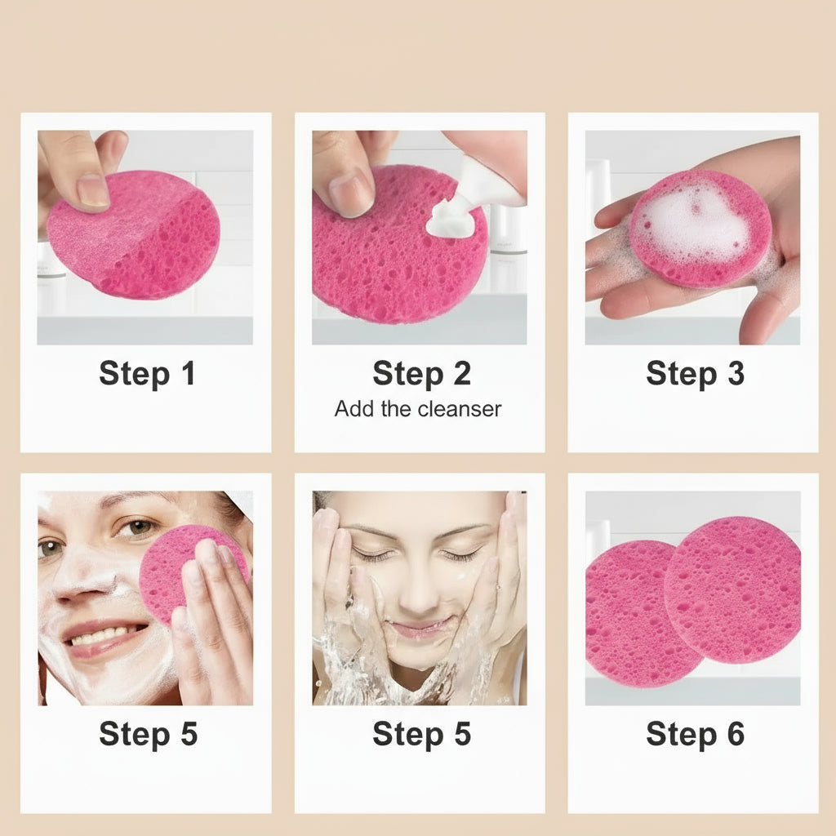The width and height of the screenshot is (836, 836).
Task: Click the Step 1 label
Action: pos(147,374)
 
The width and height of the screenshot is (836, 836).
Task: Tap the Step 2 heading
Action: pos(421,374)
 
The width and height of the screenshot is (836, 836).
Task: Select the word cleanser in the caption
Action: pos(460,409)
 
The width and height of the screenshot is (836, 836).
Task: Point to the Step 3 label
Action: pos(695,374)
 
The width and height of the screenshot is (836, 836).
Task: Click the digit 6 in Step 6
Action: pos(736,734)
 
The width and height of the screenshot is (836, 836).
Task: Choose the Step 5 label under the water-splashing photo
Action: pos(421,734)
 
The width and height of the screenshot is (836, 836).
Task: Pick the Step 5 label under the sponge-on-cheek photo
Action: pos(149,734)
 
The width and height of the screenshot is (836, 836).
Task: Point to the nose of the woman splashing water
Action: pos(422,593)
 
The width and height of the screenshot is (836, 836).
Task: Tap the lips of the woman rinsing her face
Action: pos(419,629)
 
